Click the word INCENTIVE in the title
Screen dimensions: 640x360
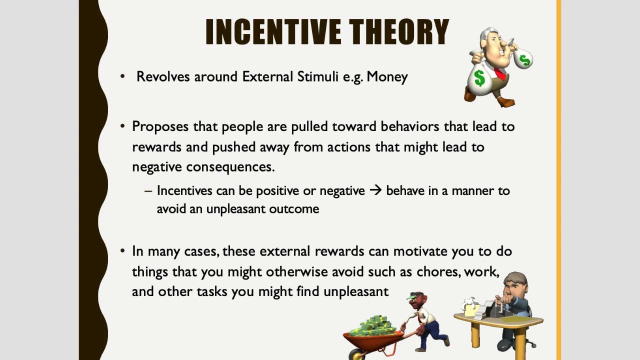pyautogui.click(x=273, y=31)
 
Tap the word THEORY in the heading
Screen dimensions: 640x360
pyautogui.click(x=399, y=31)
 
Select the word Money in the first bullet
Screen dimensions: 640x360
pyautogui.click(x=387, y=77)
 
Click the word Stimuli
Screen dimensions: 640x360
pyautogui.click(x=317, y=76)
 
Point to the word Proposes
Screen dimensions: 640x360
pyautogui.click(x=160, y=127)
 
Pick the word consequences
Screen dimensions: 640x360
pyautogui.click(x=230, y=167)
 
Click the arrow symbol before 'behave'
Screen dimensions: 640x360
pyautogui.click(x=375, y=190)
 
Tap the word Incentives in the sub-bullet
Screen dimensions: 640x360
pyautogui.click(x=184, y=190)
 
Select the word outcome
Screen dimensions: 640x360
pyautogui.click(x=294, y=209)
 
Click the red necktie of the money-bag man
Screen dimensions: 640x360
pyautogui.click(x=500, y=73)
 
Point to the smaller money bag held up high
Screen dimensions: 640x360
pyautogui.click(x=523, y=58)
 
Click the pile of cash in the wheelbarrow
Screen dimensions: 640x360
pyautogui.click(x=372, y=325)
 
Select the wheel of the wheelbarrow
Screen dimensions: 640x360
pyautogui.click(x=356, y=354)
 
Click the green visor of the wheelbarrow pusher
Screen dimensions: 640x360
pyautogui.click(x=413, y=296)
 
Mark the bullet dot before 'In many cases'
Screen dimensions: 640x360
pyautogui.click(x=123, y=251)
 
